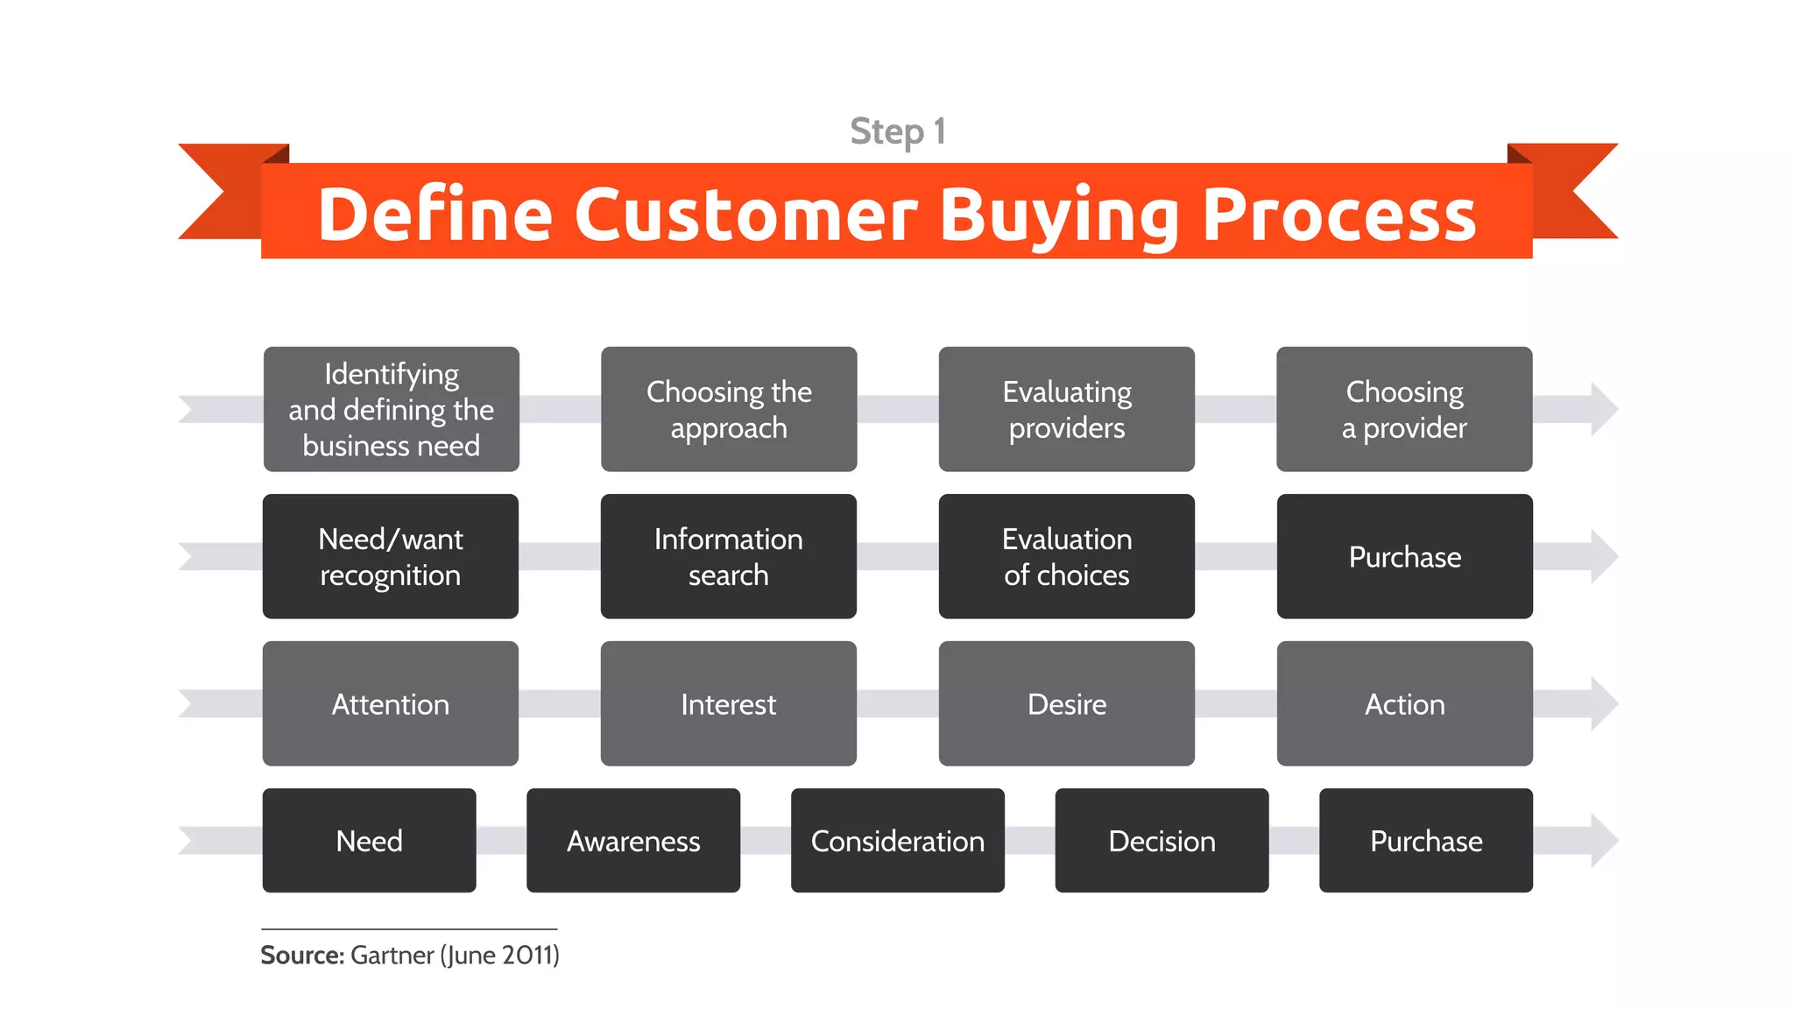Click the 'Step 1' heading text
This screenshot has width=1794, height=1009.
[x=897, y=131]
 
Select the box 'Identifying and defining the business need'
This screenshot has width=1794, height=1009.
[x=391, y=409]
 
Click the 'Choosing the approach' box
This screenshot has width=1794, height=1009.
[x=729, y=409]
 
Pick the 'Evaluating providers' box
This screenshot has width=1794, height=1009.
[x=1066, y=409]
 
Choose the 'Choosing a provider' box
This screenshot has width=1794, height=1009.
[x=1404, y=409]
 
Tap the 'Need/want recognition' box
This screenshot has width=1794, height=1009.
[x=391, y=556]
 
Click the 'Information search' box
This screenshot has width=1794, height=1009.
[x=729, y=556]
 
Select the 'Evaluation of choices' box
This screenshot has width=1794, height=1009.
[x=1066, y=556]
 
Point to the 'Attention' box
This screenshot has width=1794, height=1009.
[x=391, y=703]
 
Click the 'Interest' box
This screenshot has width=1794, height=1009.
[x=729, y=703]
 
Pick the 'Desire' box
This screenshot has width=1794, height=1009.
[x=1066, y=703]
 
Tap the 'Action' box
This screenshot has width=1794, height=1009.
[x=1404, y=703]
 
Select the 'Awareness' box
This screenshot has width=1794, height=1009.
[x=633, y=840]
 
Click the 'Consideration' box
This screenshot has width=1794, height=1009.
[x=897, y=840]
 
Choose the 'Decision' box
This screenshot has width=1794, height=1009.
[x=1162, y=840]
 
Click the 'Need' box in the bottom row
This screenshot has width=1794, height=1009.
[x=369, y=840]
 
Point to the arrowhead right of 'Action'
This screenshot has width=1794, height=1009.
[x=1601, y=703]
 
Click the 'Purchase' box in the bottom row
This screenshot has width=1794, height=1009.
[x=1426, y=840]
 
